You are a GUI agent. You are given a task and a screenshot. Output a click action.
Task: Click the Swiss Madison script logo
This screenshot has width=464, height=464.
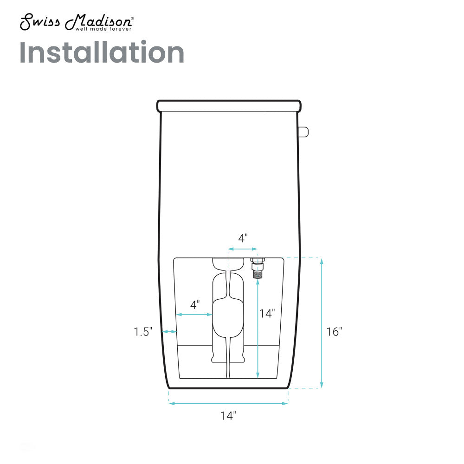click(x=77, y=22)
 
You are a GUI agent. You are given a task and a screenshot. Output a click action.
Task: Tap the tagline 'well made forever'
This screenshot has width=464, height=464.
click(x=103, y=29)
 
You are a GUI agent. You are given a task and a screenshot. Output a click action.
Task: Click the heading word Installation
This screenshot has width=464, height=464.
click(x=102, y=52)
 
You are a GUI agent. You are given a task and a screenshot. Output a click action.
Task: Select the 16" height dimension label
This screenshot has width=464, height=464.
click(x=334, y=332)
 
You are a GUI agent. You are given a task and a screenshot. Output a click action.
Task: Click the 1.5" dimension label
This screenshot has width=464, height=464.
click(x=143, y=332)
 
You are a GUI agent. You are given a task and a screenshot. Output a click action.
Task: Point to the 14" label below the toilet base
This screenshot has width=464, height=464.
click(x=228, y=416)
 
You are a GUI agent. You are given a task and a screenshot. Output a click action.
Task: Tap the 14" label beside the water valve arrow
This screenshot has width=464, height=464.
click(x=267, y=313)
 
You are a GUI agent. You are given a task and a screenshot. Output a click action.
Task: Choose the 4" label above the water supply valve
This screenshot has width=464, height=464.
click(x=243, y=238)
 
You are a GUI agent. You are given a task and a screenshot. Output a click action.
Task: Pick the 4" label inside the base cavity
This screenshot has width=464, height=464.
click(x=195, y=304)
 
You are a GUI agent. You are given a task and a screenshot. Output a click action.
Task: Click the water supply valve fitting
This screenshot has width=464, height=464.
click(x=258, y=268)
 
